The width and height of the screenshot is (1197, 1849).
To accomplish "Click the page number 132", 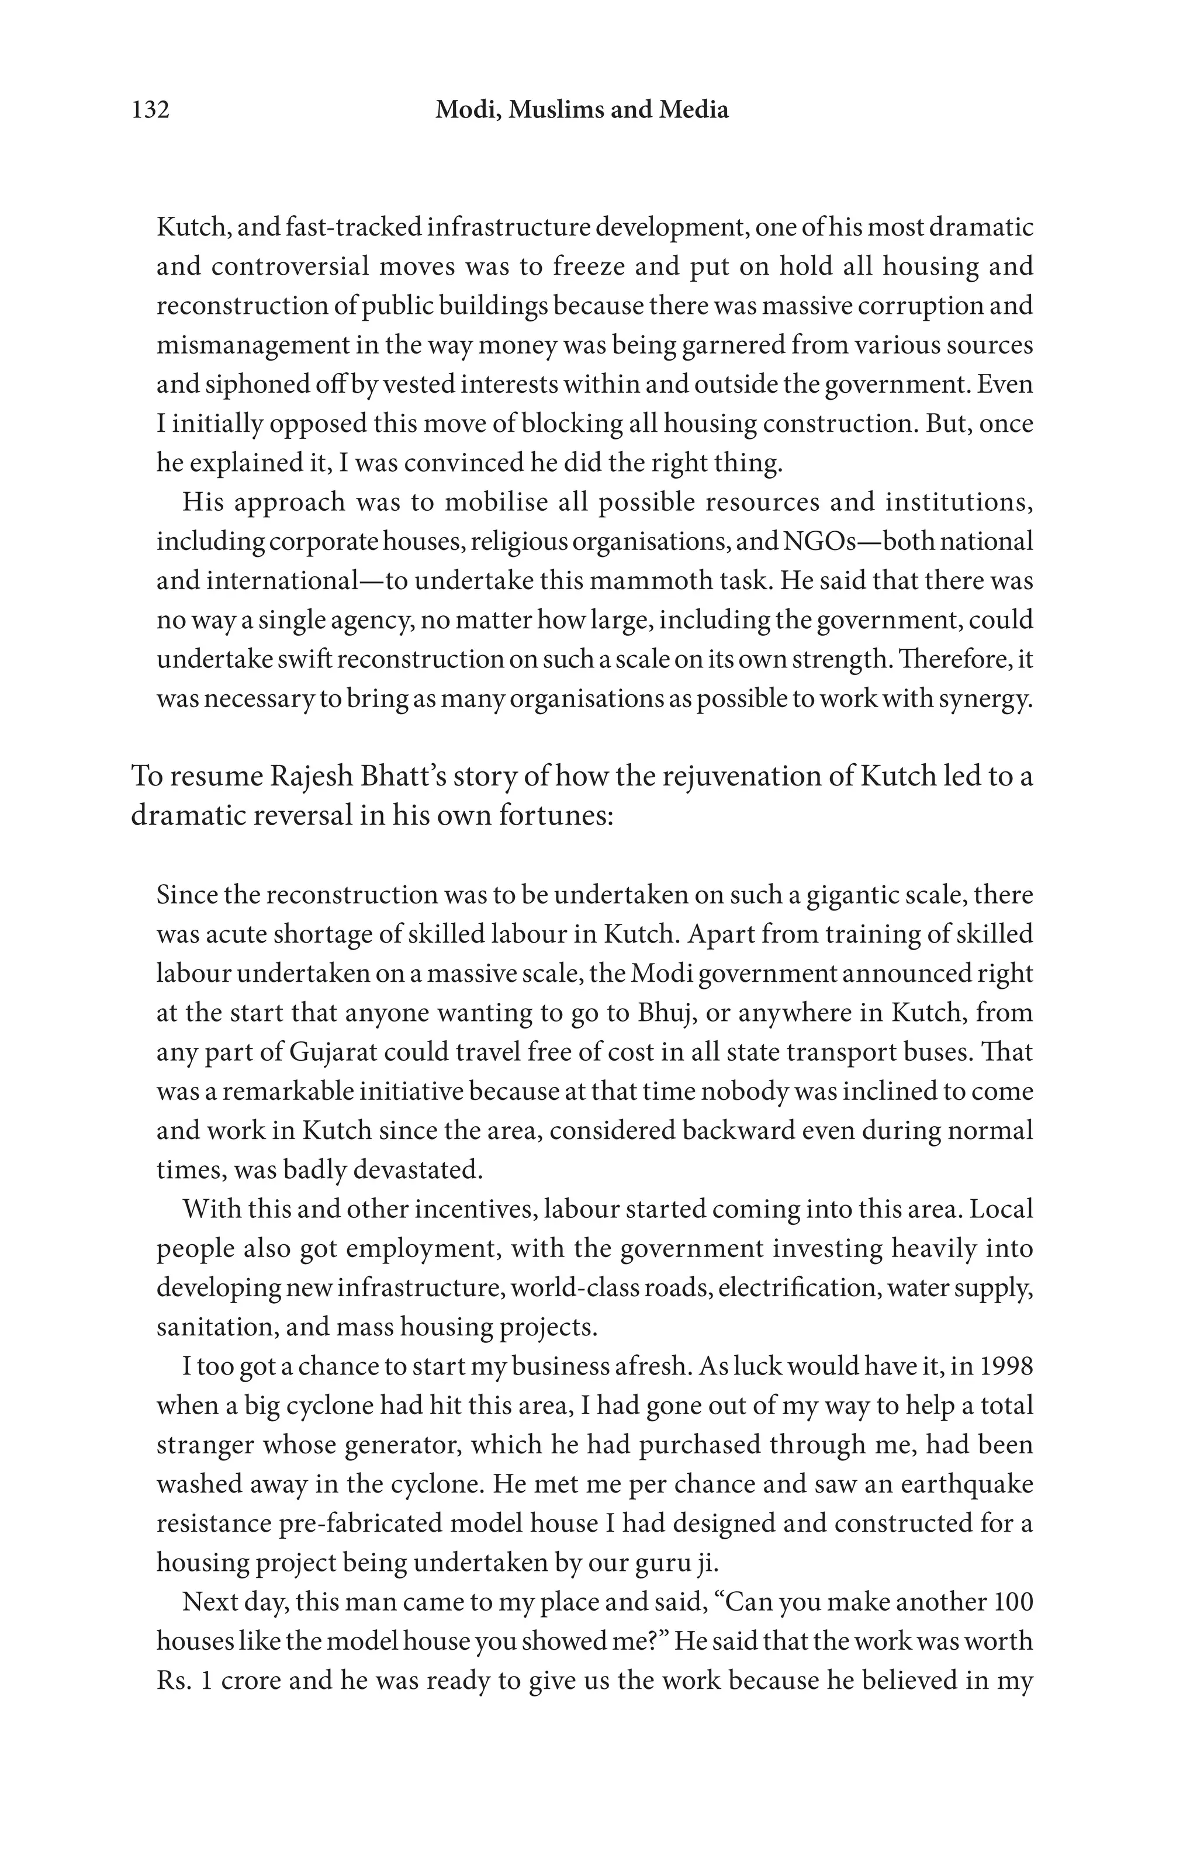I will click(151, 110).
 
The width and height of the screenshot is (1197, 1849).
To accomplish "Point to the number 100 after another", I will click(1013, 1602).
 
